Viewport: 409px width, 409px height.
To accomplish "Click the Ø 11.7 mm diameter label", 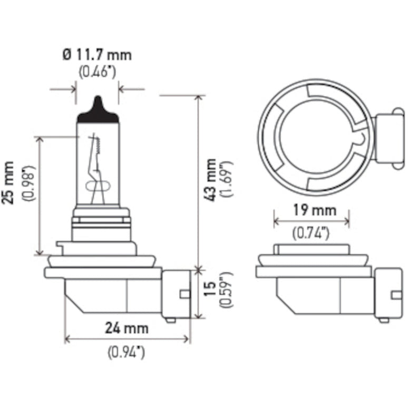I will point(97,54).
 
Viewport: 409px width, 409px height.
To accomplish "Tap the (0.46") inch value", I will point(97,72).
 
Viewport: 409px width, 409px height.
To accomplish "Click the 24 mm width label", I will point(126,328).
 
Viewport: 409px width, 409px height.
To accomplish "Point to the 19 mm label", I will point(311,211).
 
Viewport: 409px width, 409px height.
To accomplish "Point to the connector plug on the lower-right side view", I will point(389,294).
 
